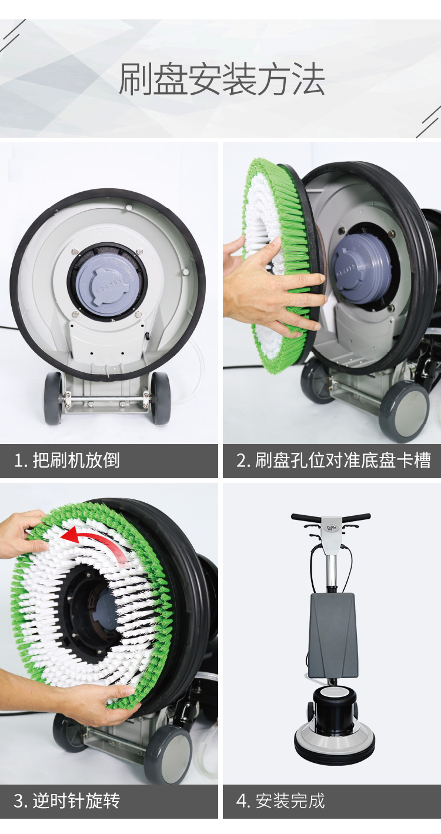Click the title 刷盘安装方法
[x=222, y=79]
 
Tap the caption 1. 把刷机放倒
[x=67, y=460]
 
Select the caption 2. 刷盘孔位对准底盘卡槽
[x=333, y=460]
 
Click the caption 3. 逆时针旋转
[x=67, y=800]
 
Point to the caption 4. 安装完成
[x=280, y=800]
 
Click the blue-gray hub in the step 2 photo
[x=357, y=268]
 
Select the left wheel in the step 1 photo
[x=54, y=398]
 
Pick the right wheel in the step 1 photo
[x=161, y=398]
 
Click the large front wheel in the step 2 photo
[x=405, y=412]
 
